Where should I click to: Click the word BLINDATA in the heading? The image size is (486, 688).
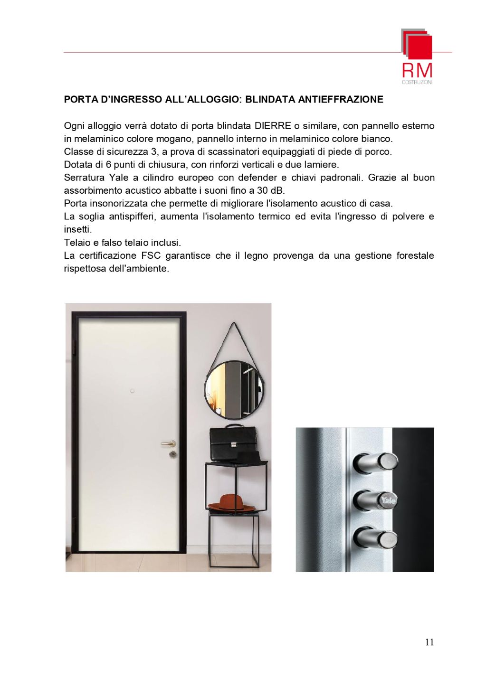click(x=269, y=100)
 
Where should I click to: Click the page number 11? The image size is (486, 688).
click(x=429, y=642)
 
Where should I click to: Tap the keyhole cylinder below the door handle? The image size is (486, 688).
click(x=172, y=455)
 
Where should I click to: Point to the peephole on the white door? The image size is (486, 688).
click(x=133, y=391)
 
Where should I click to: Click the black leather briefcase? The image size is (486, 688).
click(x=234, y=443)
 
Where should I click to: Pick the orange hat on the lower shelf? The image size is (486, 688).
click(x=232, y=502)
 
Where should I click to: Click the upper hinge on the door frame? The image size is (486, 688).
click(x=74, y=346)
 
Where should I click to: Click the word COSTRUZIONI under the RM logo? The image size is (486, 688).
click(x=417, y=82)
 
